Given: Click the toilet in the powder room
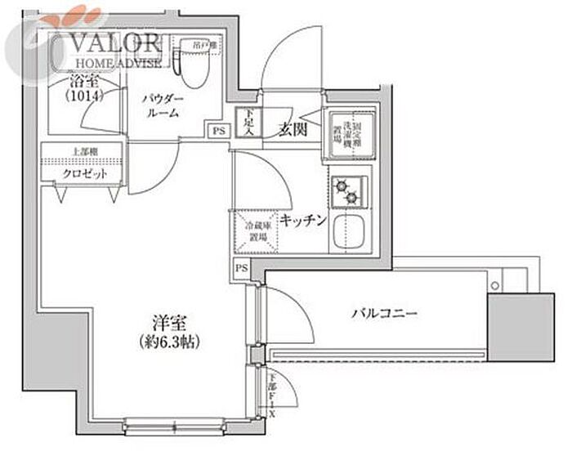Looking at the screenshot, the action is point(193,65).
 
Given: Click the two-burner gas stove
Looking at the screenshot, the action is point(351,193).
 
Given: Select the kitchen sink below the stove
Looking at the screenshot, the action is point(352,233).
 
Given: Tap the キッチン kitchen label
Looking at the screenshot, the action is point(303,220).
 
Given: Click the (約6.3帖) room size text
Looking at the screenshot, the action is point(172,340).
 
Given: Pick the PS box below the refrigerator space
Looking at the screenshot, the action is point(241,268).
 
